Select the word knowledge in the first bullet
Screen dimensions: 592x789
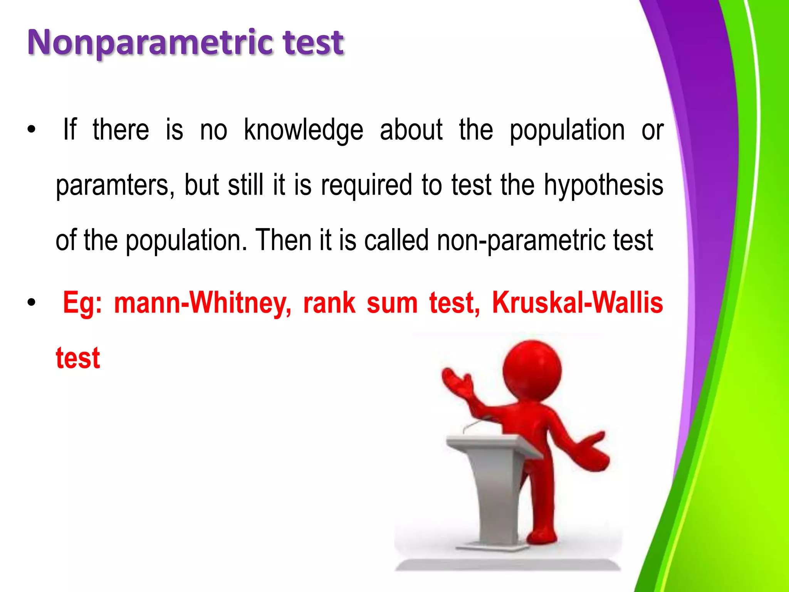[x=304, y=130]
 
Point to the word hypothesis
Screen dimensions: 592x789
[x=603, y=185]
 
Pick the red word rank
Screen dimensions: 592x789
[x=329, y=303]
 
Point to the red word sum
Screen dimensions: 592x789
[x=392, y=303]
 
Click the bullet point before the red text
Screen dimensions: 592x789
[x=31, y=303]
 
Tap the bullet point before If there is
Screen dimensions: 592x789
[x=31, y=130]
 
